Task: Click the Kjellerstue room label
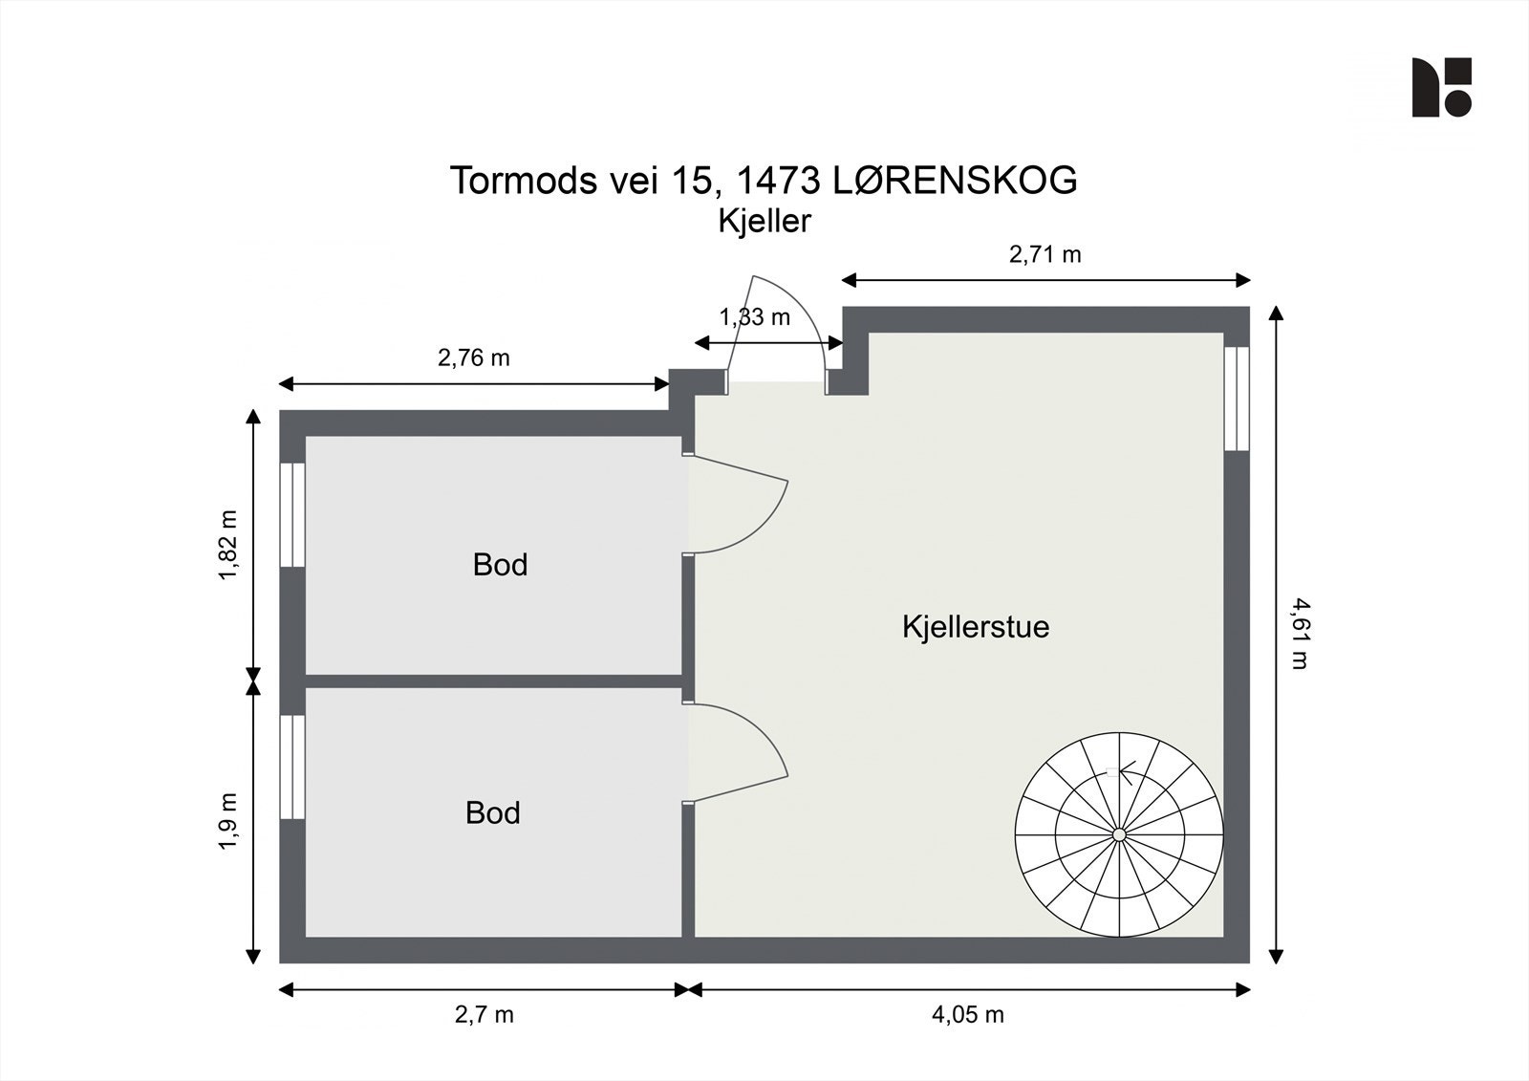(975, 627)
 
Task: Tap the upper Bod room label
(500, 565)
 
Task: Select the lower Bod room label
(492, 812)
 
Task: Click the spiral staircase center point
(1119, 835)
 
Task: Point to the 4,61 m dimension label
(1298, 633)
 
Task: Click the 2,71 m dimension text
(1044, 254)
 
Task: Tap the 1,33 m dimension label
(755, 317)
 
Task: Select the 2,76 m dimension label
(473, 357)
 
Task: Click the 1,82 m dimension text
(227, 545)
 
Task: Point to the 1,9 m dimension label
(227, 820)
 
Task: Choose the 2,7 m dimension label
(484, 1015)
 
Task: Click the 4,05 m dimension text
(967, 1015)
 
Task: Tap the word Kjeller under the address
(764, 221)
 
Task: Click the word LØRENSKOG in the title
(955, 180)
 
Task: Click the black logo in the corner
(1441, 88)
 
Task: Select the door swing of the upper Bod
(736, 505)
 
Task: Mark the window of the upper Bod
(292, 515)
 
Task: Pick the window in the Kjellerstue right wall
(1237, 398)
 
